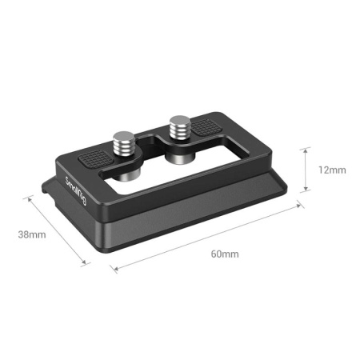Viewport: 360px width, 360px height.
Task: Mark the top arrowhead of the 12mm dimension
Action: (x=306, y=150)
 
